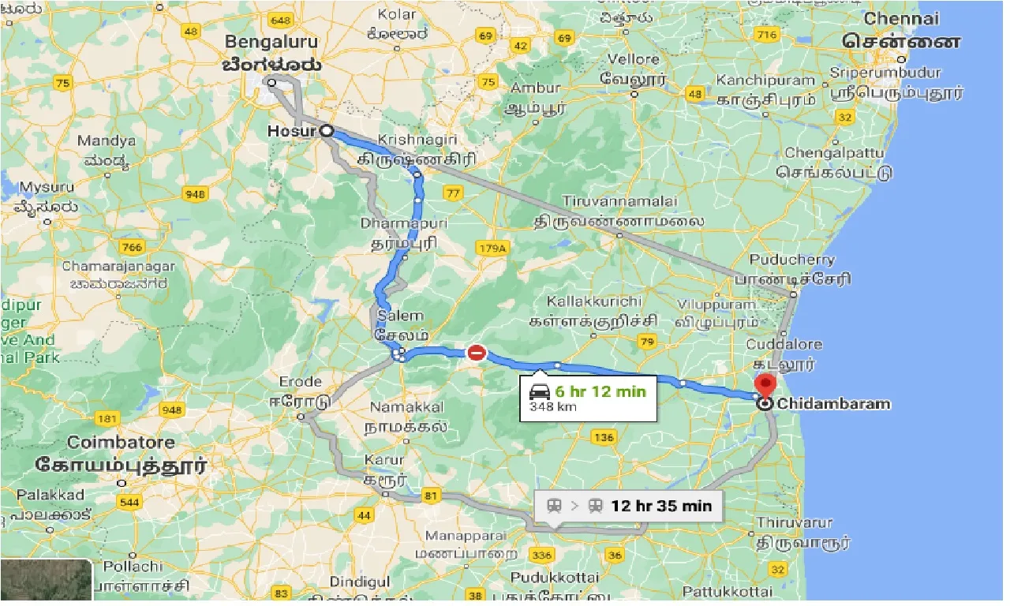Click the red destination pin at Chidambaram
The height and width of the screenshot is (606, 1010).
[765, 384]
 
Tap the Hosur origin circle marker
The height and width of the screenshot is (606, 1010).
[325, 132]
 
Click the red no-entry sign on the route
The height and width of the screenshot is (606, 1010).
[477, 353]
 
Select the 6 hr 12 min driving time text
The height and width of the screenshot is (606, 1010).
[600, 391]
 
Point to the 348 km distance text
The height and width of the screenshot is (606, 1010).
[553, 407]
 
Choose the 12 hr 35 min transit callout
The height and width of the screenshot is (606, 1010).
[628, 506]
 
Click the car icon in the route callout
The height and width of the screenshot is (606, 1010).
[541, 391]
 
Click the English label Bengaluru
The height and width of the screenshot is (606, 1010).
[271, 42]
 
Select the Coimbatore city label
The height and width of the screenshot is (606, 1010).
[118, 442]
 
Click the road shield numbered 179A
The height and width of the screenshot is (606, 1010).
[491, 249]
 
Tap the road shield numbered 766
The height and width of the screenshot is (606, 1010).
[133, 247]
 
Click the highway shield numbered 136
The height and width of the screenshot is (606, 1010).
[604, 437]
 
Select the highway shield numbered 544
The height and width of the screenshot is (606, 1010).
[129, 501]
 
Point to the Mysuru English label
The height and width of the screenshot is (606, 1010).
[47, 187]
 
